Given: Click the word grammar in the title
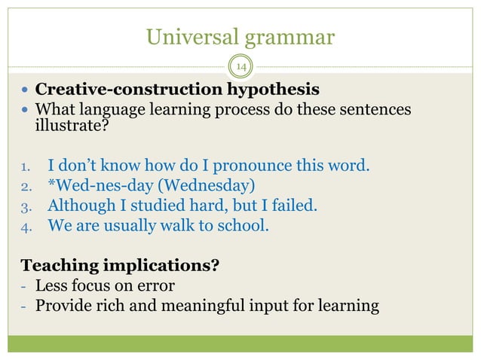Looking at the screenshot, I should click(292, 36).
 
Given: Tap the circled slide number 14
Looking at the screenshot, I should click(241, 69).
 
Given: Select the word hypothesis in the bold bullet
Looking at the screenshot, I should click(276, 91).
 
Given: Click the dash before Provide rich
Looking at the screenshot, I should click(26, 306).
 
